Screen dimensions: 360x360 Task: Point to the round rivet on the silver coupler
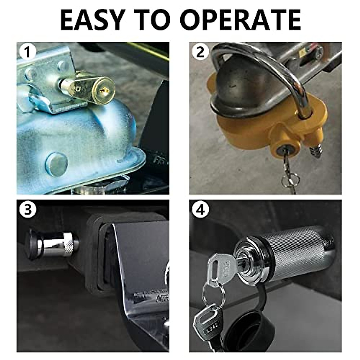[56, 164]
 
